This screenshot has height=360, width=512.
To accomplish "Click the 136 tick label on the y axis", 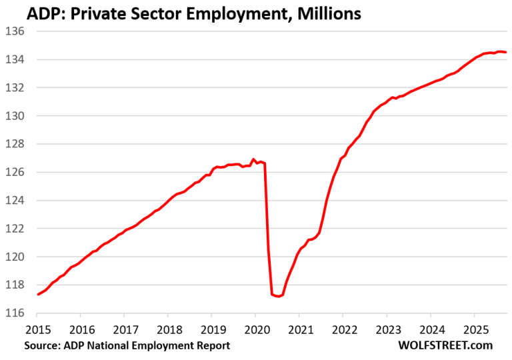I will coord(15,31).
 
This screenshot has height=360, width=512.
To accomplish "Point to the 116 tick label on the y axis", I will coord(15,313).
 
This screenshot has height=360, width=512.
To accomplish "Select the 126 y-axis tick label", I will coord(15,172).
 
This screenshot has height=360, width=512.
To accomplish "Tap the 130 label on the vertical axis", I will coord(15,116).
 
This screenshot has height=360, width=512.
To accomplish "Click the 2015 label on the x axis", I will coord(37,329).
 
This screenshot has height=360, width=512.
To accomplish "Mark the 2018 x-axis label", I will coord(168,329).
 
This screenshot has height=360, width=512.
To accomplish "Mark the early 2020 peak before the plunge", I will coord(253,159).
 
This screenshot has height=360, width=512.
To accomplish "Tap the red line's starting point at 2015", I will coord(38,295).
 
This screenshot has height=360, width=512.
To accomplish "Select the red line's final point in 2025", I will coord(506,52).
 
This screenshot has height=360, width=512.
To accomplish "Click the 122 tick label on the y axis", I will coord(15,229).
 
